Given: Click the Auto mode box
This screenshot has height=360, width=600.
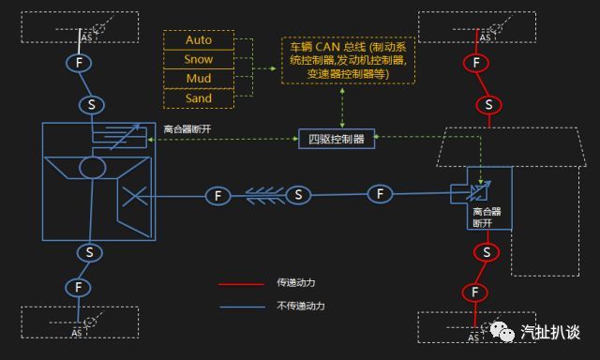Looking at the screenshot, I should coord(199,40).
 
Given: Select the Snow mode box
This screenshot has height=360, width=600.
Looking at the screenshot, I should coord(199,60).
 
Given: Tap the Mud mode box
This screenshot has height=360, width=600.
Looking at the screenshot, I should coord(199,79).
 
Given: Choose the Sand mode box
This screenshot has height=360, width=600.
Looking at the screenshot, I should coord(199,98).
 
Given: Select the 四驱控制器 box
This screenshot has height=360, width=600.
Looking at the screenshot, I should coord(337,139).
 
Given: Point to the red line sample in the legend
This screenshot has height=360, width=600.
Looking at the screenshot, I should coord(240,282).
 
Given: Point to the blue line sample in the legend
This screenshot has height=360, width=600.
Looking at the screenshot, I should coord(240,306).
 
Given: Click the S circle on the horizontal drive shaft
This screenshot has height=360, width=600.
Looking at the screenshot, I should coord(298,195).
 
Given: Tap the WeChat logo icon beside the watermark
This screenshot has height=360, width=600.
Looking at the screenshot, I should coord(505,332).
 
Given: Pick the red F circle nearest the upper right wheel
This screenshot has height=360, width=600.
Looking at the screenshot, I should coord(476,64).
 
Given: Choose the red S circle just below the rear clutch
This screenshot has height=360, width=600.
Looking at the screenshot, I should coord(487,252).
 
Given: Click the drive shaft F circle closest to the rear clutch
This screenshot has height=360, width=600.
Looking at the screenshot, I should coord(380,194).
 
